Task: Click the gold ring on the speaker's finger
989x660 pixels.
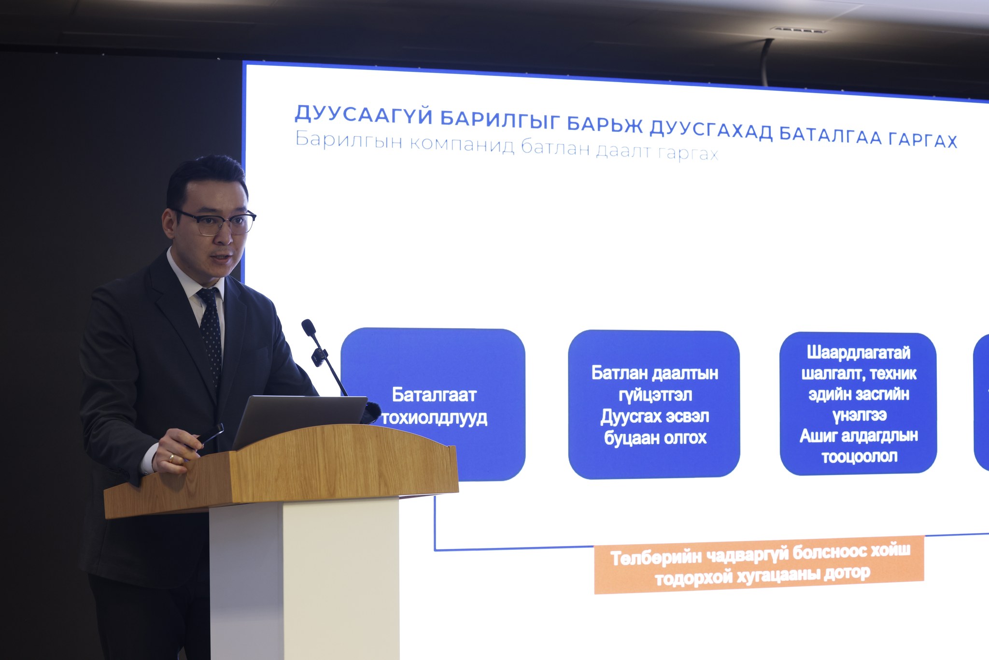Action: (171, 458)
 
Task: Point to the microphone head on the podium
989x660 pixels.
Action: (308, 328)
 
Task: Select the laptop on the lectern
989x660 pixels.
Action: (299, 420)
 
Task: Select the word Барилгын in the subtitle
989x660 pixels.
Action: (348, 141)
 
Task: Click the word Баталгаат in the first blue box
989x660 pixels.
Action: (434, 395)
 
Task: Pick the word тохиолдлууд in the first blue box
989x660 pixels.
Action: (435, 418)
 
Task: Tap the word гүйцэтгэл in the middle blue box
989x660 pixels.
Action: (655, 395)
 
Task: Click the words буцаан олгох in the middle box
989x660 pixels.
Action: (655, 438)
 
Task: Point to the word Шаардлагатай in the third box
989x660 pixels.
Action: (858, 353)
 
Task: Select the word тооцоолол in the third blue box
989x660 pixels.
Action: (859, 457)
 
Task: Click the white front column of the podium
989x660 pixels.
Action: (304, 580)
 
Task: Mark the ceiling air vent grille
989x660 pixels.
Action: (799, 30)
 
